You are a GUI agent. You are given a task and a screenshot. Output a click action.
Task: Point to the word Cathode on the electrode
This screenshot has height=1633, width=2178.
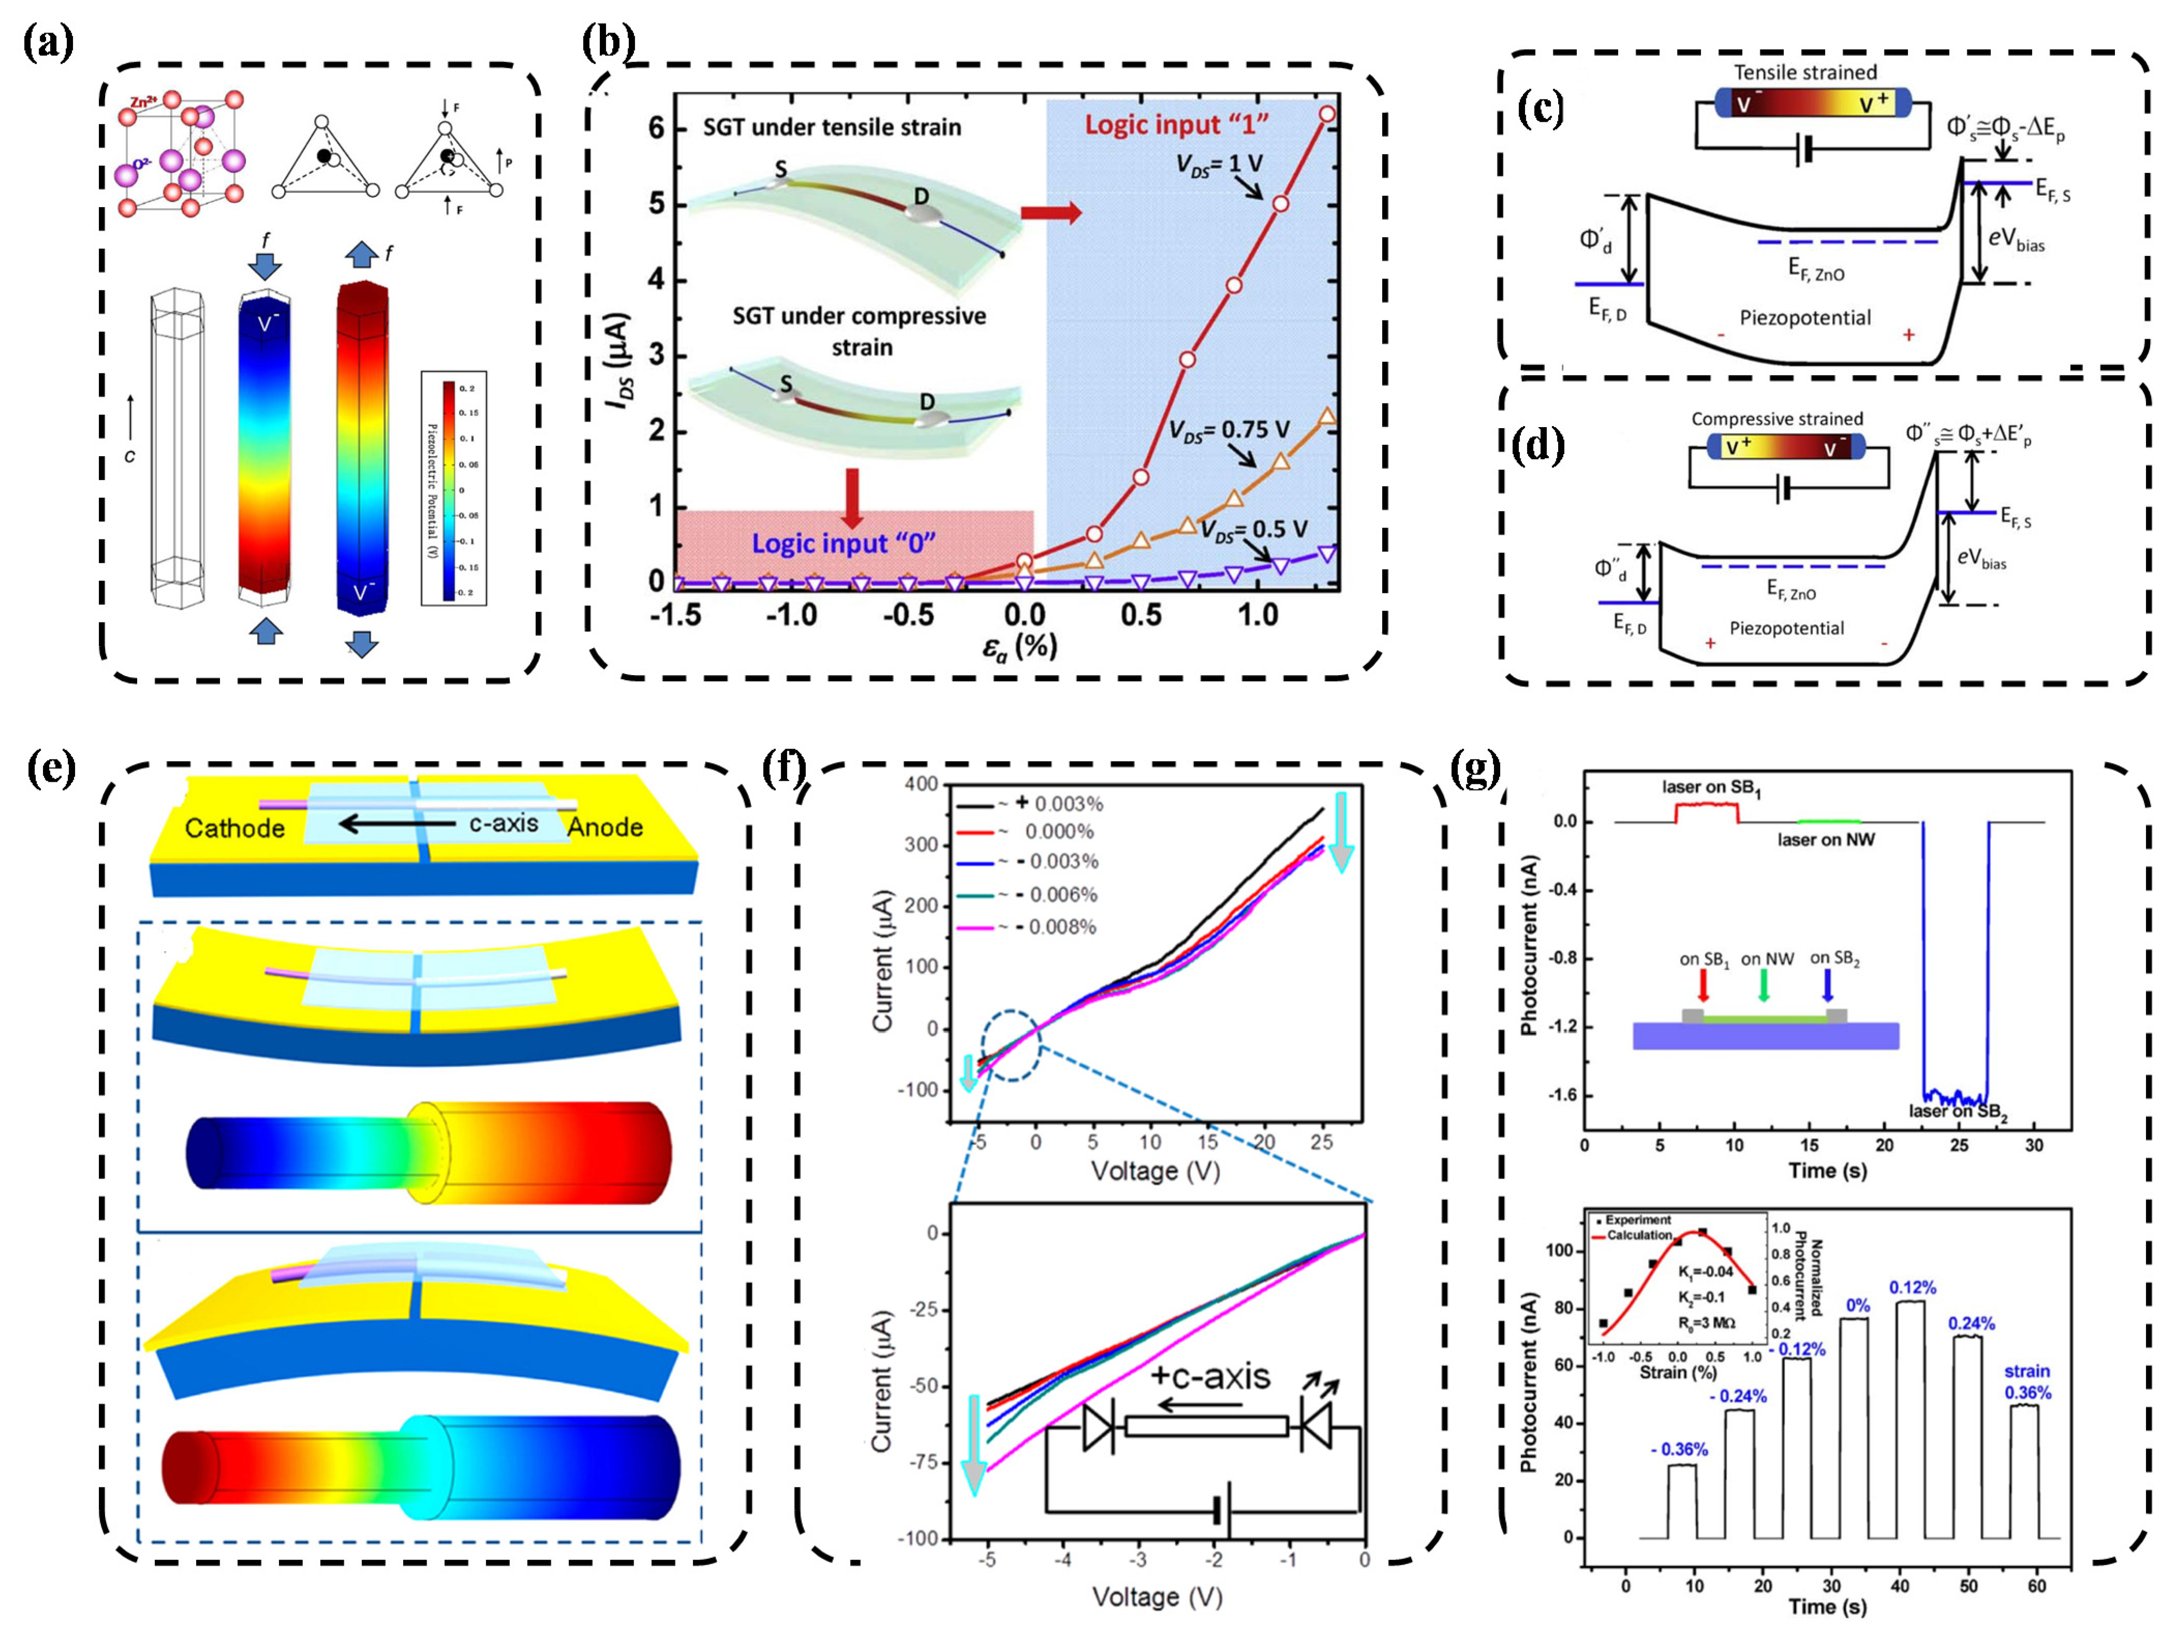[234, 828]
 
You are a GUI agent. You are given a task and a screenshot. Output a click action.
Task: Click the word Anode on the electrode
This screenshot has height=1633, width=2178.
[604, 827]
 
